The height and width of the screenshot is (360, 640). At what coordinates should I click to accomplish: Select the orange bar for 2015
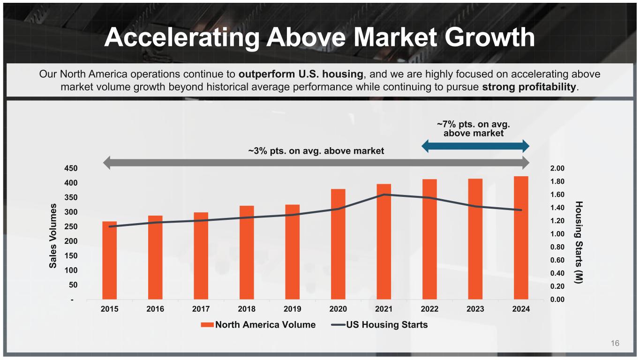pos(109,260)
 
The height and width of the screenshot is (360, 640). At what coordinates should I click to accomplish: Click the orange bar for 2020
pos(338,244)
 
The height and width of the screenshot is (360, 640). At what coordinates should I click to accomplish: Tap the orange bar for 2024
pos(521,238)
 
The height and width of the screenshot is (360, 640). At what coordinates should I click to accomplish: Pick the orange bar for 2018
pos(247,252)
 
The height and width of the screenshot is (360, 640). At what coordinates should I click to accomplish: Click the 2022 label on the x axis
pos(429,309)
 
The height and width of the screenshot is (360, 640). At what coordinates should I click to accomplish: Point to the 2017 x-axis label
pos(201,309)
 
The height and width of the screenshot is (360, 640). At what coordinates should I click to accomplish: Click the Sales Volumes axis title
pos(54,236)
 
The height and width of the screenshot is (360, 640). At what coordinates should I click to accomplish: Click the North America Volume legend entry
pos(259,324)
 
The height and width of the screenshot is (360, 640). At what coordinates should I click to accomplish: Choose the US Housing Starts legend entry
pos(380,324)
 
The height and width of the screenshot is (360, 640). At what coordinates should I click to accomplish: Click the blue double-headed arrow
pos(475,146)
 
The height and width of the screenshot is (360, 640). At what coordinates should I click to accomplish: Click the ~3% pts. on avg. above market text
pos(316,151)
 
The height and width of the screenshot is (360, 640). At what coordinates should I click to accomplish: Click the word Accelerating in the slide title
pos(181,37)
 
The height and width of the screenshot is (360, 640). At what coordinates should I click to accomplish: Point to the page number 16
pos(615,344)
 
